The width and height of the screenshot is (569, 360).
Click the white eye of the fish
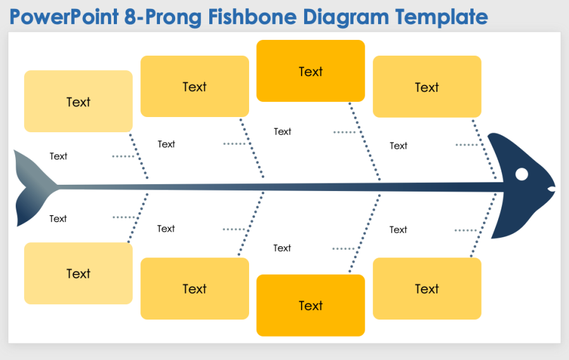(522, 174)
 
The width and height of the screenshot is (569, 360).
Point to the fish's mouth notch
(552, 189)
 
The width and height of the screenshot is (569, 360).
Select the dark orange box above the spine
(310, 71)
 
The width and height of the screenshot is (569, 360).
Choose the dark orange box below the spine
(310, 305)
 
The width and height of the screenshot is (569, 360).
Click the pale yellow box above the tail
(78, 101)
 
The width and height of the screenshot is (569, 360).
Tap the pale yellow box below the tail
(78, 273)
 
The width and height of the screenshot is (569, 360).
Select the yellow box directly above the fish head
(427, 87)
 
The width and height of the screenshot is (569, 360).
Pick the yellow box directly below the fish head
(427, 289)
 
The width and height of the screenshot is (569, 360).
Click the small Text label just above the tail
(58, 156)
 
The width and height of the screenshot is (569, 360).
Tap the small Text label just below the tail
(58, 219)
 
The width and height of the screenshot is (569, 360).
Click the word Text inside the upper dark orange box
(310, 71)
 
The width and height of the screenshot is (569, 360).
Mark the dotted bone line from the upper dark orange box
(364, 142)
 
